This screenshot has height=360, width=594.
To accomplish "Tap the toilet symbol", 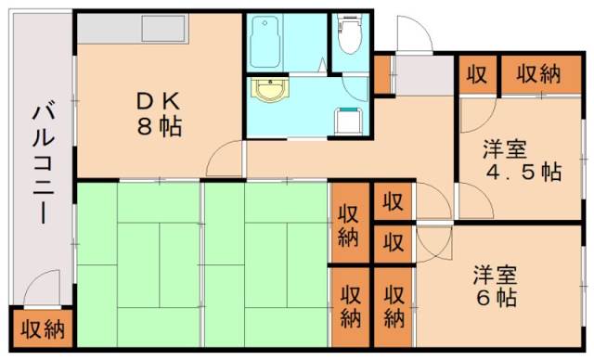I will click(x=350, y=37).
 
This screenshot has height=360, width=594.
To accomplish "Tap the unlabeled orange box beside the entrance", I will click(x=382, y=74).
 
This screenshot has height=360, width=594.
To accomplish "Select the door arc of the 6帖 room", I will click(x=433, y=242).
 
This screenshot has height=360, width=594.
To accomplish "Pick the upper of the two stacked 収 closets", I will click(x=394, y=201).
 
